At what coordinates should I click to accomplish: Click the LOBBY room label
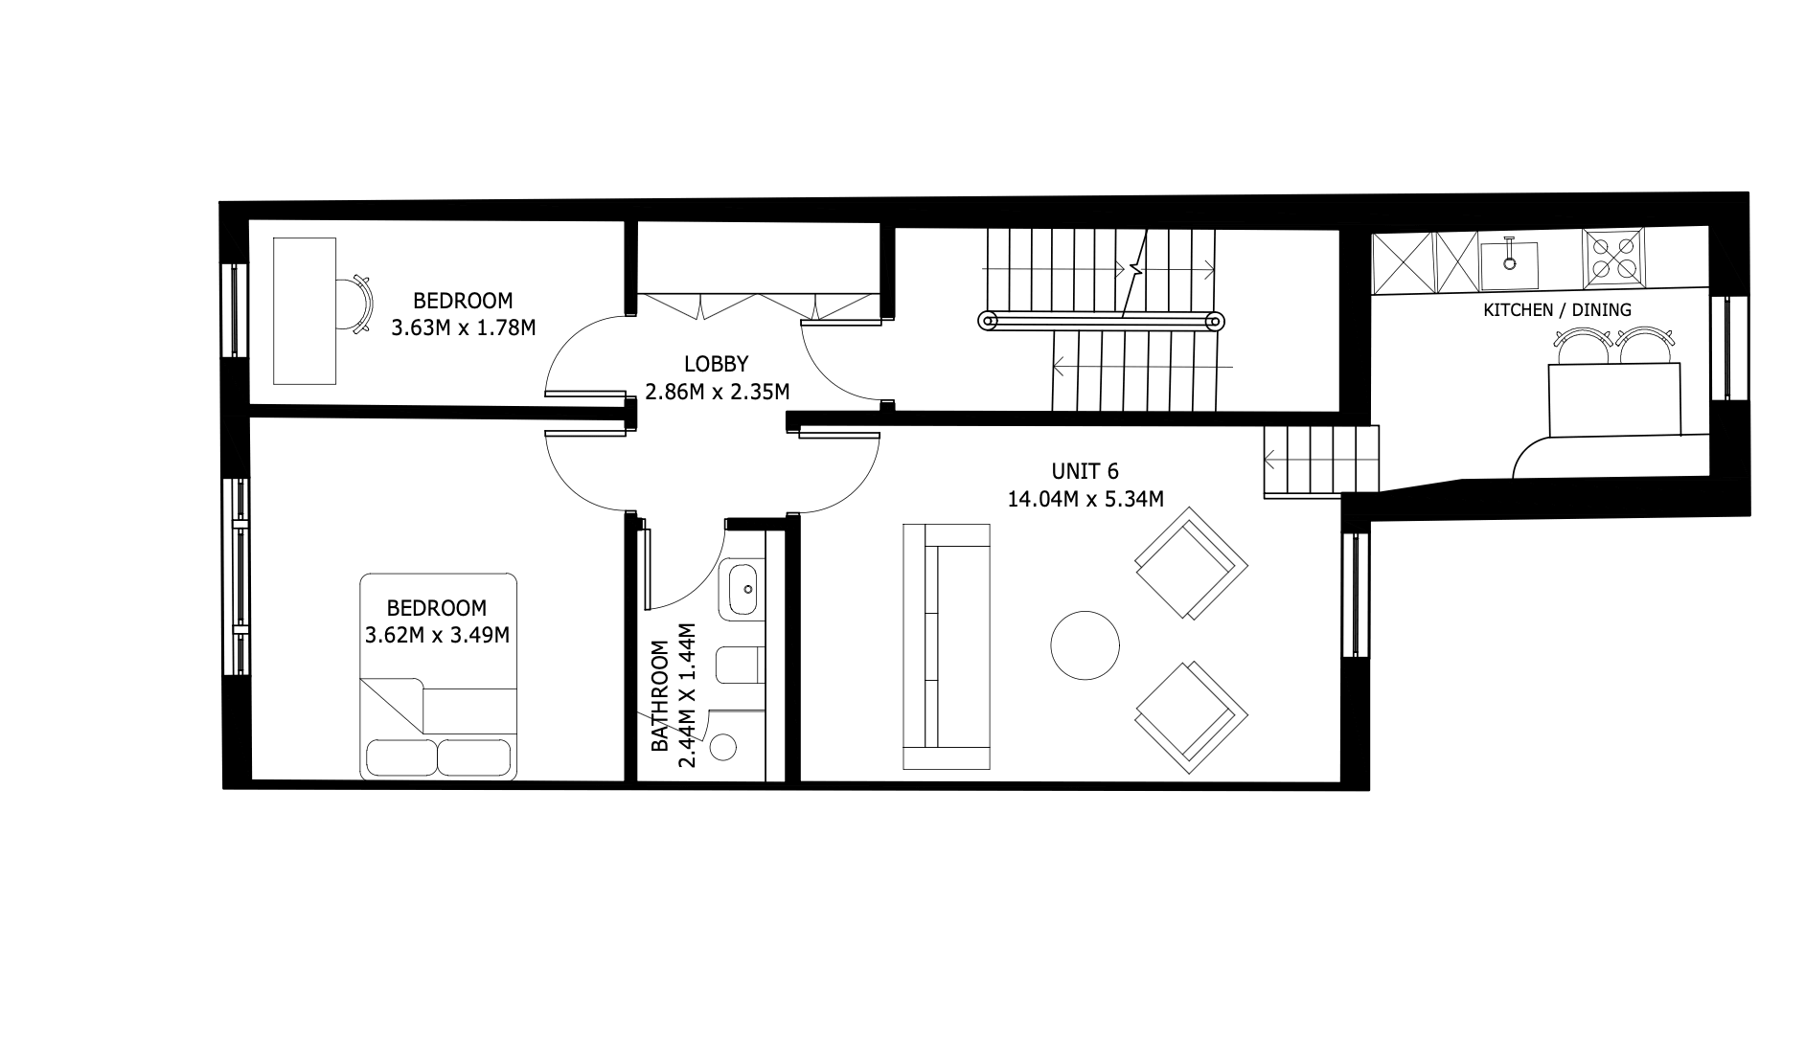(716, 364)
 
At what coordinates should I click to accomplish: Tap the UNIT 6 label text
(1085, 471)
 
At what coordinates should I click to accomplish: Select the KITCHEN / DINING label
(1557, 310)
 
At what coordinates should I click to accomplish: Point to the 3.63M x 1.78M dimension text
(463, 327)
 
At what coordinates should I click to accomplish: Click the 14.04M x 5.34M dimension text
(1085, 499)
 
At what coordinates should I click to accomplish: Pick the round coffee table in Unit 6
(1085, 645)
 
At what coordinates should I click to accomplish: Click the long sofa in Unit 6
(947, 646)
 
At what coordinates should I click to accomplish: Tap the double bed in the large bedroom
(439, 676)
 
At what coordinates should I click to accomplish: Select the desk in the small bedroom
(306, 311)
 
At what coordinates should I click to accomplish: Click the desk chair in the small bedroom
(355, 304)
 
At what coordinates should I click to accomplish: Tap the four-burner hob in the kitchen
(1613, 258)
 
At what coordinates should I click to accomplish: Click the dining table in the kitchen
(1615, 400)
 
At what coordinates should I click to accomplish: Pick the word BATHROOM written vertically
(659, 696)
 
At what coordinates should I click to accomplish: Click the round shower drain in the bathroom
(724, 747)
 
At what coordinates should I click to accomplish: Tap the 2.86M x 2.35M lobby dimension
(717, 392)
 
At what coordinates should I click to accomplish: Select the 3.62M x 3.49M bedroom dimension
(437, 635)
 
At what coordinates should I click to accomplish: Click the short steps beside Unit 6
(1321, 462)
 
